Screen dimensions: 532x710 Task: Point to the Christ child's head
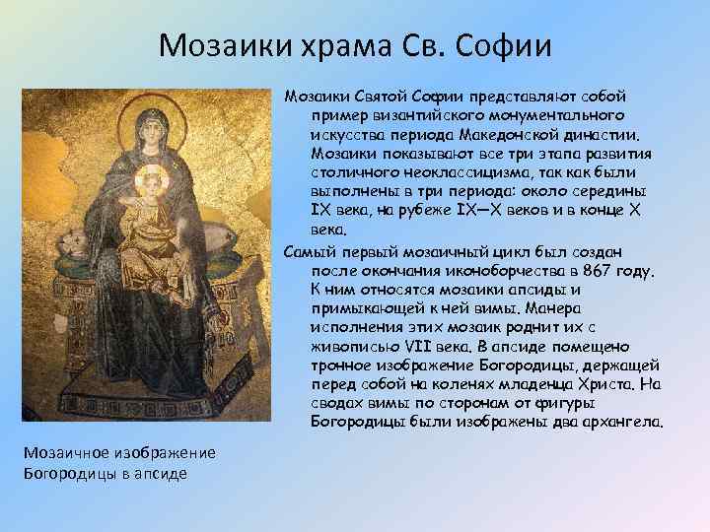pyautogui.click(x=151, y=181)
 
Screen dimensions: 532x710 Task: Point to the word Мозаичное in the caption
pyautogui.click(x=62, y=451)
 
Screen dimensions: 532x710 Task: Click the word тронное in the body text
pyautogui.click(x=338, y=365)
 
